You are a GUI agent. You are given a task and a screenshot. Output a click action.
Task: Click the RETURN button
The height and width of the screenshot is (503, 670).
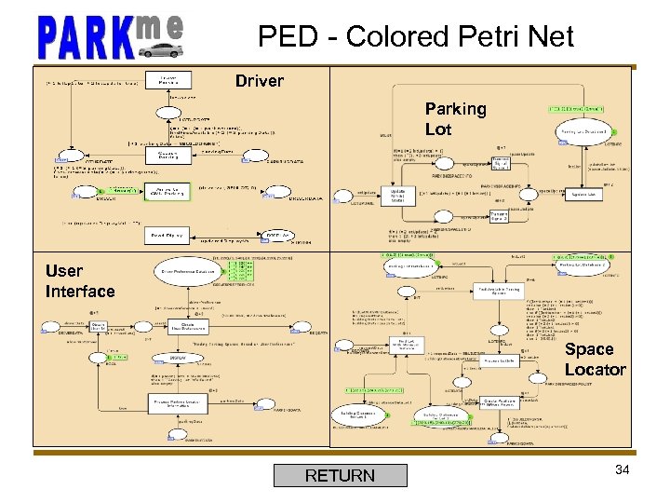(340, 476)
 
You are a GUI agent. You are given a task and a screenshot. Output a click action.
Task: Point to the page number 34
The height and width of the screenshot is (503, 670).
(623, 469)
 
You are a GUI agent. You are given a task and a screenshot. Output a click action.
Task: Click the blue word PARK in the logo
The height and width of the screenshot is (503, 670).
(84, 37)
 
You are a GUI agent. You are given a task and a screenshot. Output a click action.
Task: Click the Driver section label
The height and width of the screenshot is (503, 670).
(259, 81)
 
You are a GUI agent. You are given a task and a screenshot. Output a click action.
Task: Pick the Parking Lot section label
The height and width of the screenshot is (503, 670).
(455, 118)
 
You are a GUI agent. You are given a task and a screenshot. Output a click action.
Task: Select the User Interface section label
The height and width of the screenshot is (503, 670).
(79, 281)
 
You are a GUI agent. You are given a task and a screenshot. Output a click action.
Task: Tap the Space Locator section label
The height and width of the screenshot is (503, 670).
(595, 359)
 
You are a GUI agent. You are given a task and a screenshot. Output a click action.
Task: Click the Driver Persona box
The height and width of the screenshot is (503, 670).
(168, 80)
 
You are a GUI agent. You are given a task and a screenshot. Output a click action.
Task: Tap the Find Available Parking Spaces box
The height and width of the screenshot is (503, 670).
(498, 292)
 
